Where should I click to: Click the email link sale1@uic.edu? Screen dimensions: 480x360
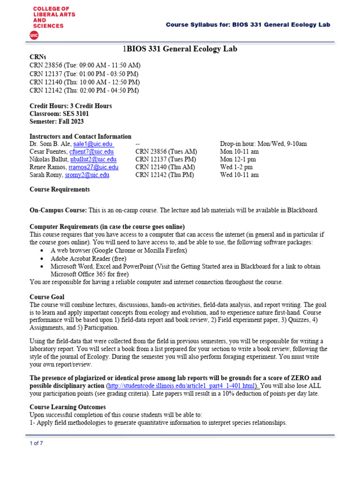coord(93,144)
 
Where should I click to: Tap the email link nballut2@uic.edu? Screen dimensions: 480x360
coord(93,159)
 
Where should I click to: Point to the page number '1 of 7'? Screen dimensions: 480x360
coord(36,443)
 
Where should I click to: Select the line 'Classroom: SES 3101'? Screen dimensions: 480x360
coord(59,113)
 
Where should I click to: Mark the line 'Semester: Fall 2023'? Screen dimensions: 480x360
coord(57,121)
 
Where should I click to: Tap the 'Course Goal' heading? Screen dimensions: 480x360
coord(47,297)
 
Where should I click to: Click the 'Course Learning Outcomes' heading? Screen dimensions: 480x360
coord(67,407)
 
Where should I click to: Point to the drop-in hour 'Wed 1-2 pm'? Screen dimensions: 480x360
coord(236,167)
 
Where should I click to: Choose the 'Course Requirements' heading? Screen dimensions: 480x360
coord(60,190)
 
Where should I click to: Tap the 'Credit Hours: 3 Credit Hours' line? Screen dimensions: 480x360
coord(71,106)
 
